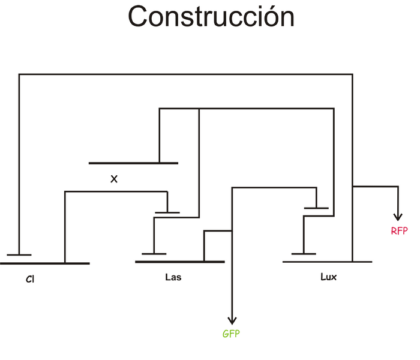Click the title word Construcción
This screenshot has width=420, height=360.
211,17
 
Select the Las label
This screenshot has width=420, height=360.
173,278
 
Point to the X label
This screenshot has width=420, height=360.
113,178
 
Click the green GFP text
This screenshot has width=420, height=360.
231,334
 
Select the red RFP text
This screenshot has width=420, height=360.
399,230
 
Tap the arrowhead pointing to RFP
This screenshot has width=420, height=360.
397,217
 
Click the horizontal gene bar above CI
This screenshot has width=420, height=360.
45,263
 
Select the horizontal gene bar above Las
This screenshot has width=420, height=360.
180,262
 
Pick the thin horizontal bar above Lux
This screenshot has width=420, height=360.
327,262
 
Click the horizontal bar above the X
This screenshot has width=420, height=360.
133,163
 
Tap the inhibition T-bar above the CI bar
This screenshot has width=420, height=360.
19,254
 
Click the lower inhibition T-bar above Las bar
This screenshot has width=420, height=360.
154,254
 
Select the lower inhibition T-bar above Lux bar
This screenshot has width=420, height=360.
304,254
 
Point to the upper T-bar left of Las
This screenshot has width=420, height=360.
167,212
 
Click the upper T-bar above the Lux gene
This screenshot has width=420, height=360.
316,208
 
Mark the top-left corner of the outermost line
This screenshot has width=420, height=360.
19,74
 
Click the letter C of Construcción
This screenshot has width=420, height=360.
139,17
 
